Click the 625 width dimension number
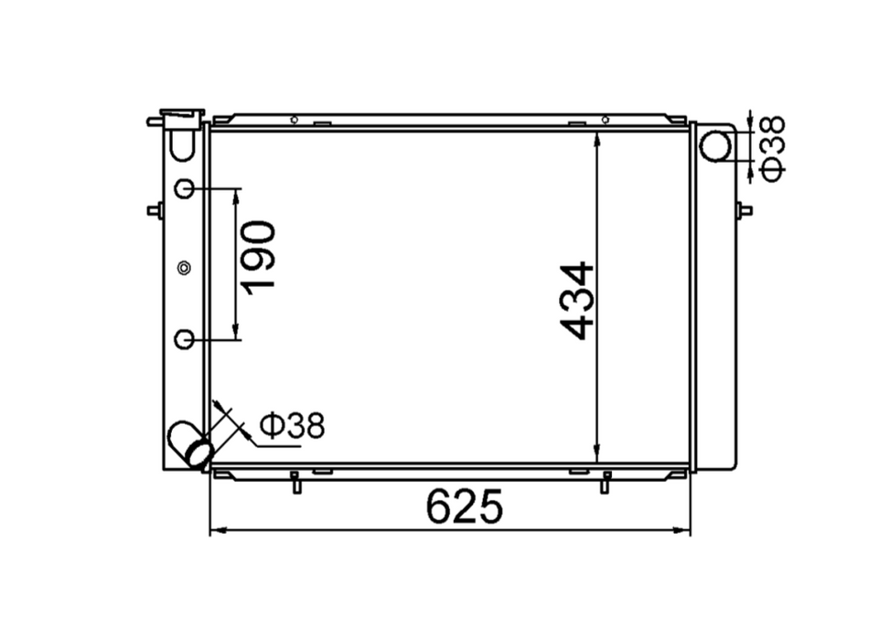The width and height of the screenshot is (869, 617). [x=465, y=505]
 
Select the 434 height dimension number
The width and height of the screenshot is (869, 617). [x=577, y=301]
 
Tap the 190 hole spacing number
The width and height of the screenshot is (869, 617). [x=258, y=258]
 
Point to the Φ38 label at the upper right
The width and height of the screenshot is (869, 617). [x=773, y=148]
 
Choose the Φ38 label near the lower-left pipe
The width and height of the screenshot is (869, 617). [x=292, y=425]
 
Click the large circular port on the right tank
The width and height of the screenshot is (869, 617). [x=715, y=147]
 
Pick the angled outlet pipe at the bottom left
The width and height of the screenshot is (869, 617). [x=191, y=443]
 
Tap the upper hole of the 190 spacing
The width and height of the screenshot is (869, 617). [x=185, y=189]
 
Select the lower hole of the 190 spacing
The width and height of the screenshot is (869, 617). [x=185, y=339]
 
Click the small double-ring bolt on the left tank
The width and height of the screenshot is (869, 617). [x=185, y=269]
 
